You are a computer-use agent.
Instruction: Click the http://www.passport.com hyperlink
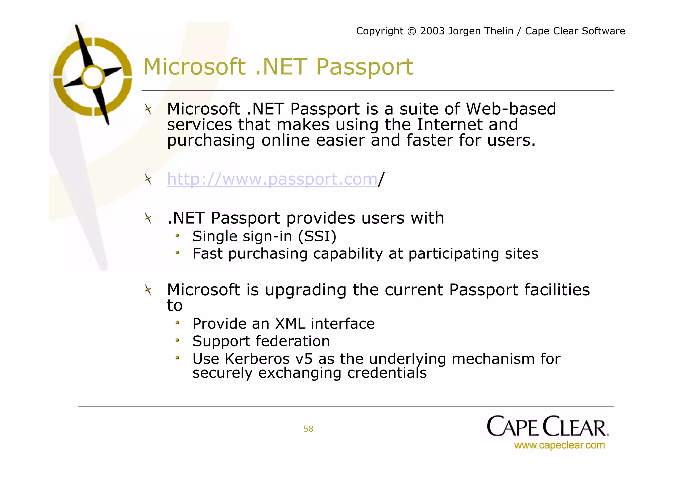click(x=272, y=179)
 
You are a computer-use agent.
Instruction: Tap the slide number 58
click(x=308, y=429)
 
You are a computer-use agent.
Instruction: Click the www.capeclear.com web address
click(x=559, y=445)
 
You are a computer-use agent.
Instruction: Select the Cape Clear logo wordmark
click(x=547, y=426)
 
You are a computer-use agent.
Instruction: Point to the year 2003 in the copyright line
click(x=432, y=31)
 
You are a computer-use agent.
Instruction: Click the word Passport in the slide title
click(x=364, y=67)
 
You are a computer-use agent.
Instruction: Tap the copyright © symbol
click(x=412, y=31)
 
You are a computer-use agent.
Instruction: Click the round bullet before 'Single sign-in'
click(x=178, y=236)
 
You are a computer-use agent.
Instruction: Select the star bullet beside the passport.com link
click(x=148, y=179)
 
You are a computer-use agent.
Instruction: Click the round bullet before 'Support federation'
click(x=178, y=341)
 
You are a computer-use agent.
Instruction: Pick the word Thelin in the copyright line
click(x=497, y=31)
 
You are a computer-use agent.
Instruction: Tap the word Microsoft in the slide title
click(x=194, y=67)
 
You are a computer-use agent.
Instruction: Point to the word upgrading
click(x=305, y=290)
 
